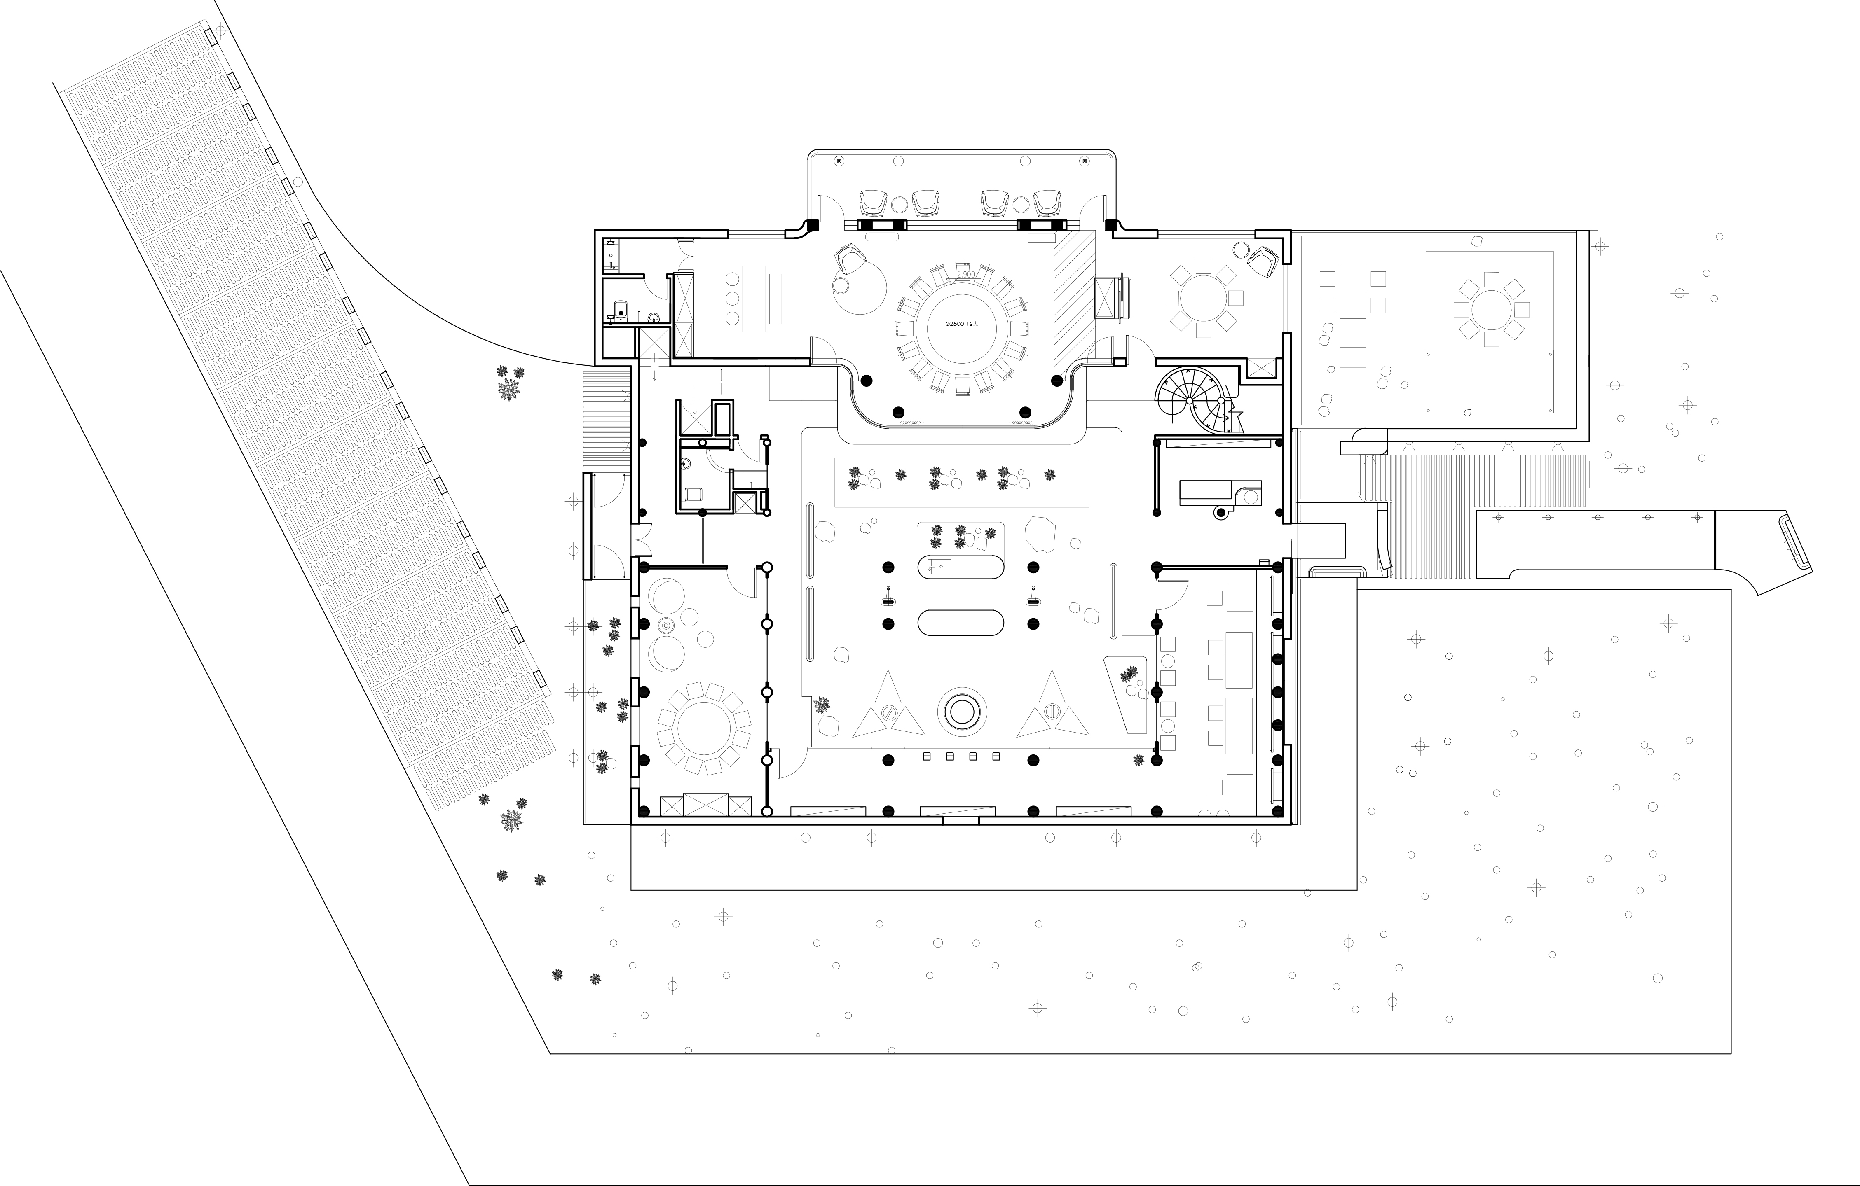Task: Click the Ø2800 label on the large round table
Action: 961,325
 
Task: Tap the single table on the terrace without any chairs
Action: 1352,357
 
